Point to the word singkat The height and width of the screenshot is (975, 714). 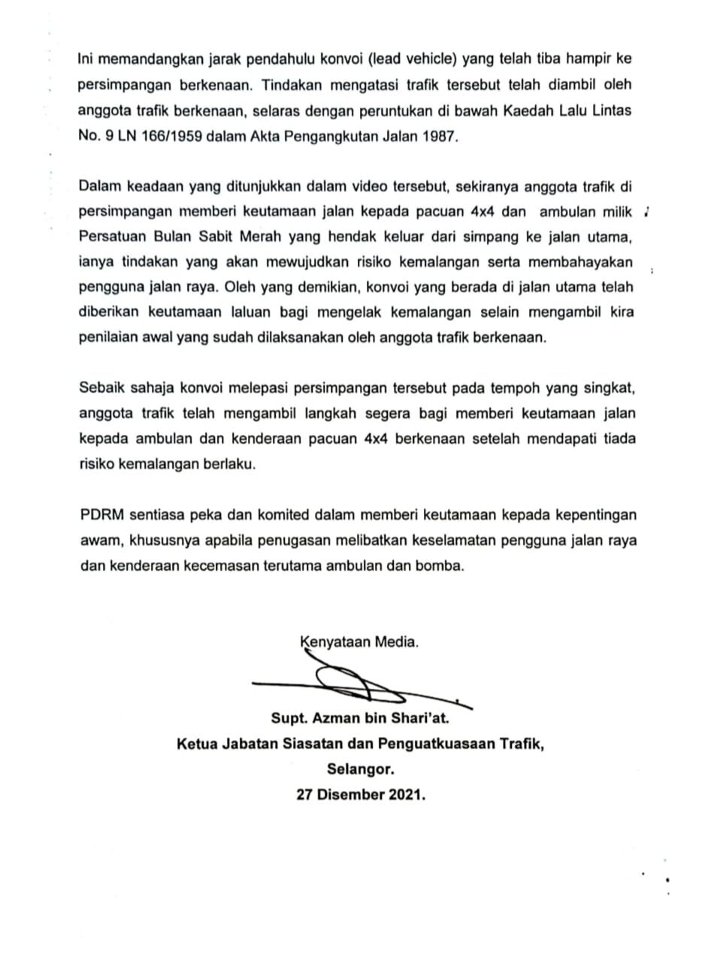[x=607, y=388]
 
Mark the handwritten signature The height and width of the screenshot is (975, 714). [x=353, y=684]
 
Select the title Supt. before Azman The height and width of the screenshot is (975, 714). [x=289, y=719]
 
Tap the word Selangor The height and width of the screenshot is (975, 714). [x=360, y=769]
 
